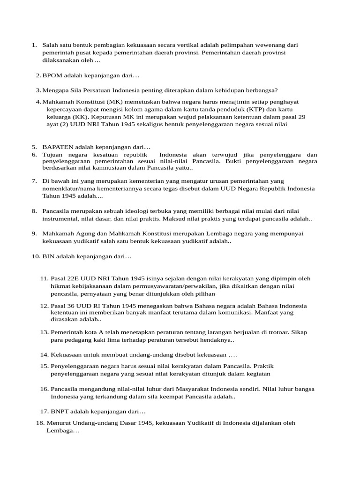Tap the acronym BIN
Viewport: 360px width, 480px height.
(48, 256)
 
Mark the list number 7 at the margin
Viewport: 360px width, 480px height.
(34, 180)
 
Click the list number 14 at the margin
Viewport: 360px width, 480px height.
(45, 355)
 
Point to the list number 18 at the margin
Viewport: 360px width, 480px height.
(40, 423)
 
